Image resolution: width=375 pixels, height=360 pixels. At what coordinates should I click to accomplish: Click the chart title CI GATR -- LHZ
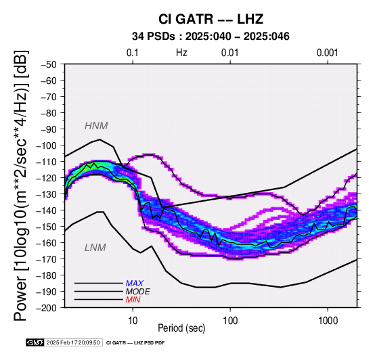tap(211, 19)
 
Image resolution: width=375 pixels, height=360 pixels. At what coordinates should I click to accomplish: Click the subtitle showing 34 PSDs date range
tap(211, 37)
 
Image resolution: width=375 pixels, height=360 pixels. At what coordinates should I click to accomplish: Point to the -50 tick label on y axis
tap(49, 64)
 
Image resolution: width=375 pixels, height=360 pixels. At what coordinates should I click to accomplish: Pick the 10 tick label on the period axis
tap(133, 321)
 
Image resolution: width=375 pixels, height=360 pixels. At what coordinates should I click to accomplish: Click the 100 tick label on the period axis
tap(230, 321)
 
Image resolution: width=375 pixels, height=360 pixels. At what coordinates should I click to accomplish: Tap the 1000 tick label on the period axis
tap(328, 321)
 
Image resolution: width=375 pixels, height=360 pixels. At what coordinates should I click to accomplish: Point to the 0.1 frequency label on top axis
tap(133, 53)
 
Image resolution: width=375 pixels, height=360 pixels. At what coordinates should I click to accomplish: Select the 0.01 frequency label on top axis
tap(230, 53)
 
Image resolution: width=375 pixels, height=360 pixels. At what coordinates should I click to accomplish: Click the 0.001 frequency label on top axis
tap(327, 53)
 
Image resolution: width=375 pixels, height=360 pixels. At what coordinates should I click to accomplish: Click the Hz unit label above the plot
tap(181, 53)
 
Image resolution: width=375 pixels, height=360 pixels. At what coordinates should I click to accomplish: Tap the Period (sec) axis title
tap(181, 328)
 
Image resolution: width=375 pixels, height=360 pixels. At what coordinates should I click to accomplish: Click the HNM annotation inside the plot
tap(96, 126)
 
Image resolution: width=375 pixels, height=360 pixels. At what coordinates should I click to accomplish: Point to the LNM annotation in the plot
tap(95, 248)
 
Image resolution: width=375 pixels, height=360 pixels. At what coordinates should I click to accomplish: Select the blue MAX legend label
tap(135, 284)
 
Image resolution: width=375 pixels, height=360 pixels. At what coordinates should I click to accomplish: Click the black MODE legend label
tap(138, 292)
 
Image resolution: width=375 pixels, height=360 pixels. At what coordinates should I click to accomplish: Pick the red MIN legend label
tap(133, 300)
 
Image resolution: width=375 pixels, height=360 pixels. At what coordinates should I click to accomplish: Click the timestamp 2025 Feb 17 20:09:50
tap(73, 342)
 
